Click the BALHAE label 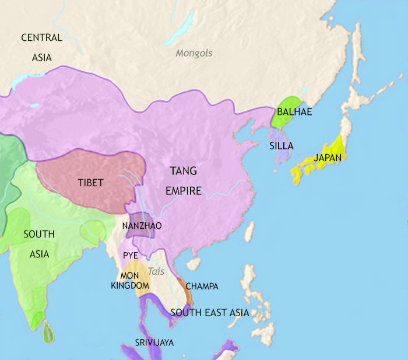click(294, 112)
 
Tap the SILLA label click(281, 146)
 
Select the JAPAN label click(327, 158)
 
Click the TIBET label click(90, 183)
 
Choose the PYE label click(130, 255)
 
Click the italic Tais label click(156, 271)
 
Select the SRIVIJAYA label click(153, 342)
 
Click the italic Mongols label click(194, 53)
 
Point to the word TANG click(183, 172)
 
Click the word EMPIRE click(183, 191)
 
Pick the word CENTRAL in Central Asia click(41, 38)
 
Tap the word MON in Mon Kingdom click(130, 275)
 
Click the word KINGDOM click(130, 286)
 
